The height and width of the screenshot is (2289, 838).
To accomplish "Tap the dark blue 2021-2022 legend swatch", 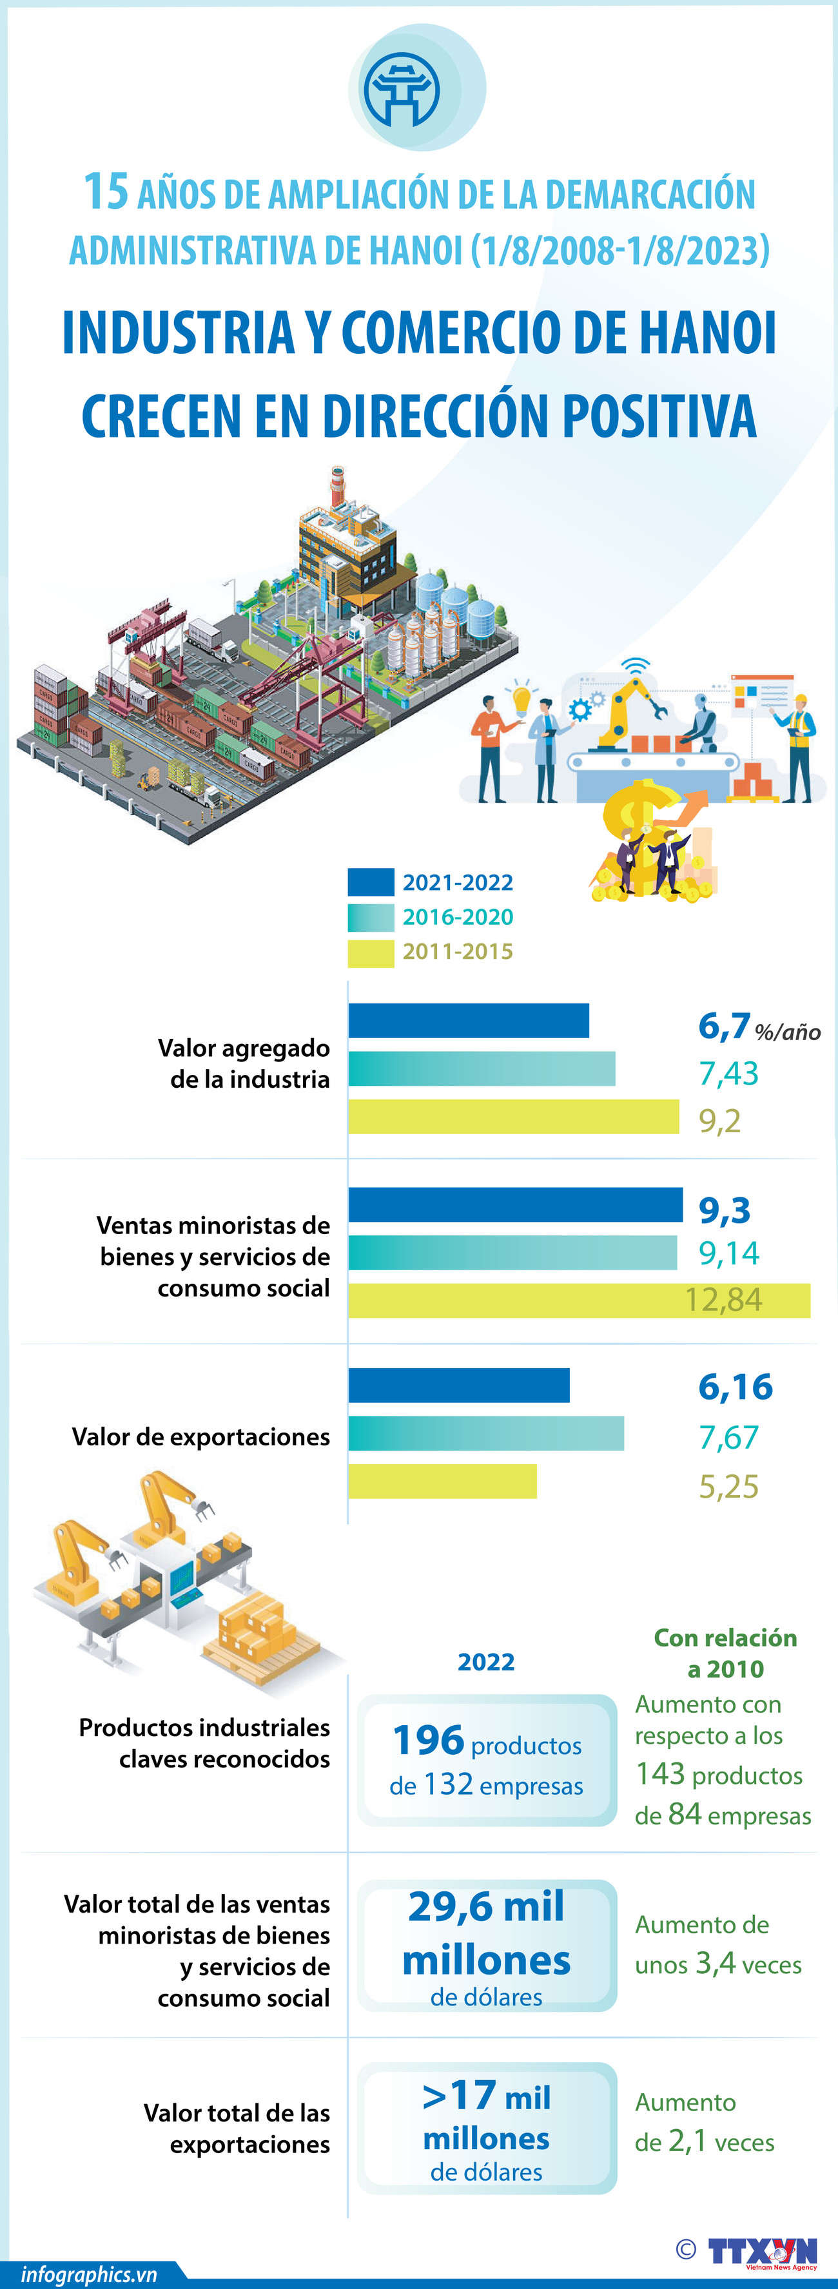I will point(371,882).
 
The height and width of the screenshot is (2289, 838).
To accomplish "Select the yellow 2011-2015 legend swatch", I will point(371,952).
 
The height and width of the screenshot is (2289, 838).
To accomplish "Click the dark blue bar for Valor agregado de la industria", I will point(469,1020).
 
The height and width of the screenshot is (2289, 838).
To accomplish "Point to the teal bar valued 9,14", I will point(512,1252).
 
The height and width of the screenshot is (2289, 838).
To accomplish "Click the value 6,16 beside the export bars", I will point(735,1386).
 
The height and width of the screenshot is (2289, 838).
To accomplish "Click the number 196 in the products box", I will point(428,1740).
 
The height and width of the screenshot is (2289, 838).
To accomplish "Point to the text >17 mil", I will point(486,2096).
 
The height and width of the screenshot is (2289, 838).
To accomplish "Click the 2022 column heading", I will point(486,1662).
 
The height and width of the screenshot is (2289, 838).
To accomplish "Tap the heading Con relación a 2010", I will point(725,1653).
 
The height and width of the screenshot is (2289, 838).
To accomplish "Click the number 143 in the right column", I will point(660,1773).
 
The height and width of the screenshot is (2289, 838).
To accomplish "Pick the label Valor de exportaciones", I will point(201,1437).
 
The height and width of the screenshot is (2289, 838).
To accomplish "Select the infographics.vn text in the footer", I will point(89,2274).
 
